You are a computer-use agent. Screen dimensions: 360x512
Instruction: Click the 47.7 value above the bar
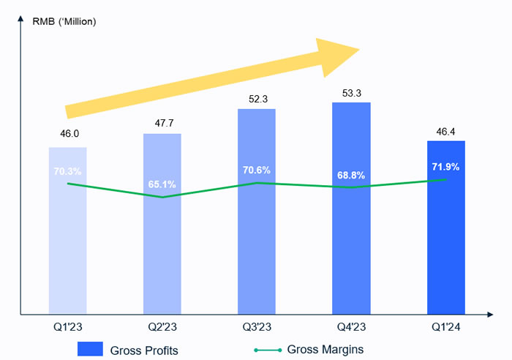pyautogui.click(x=162, y=121)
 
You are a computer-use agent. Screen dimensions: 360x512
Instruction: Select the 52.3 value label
pyautogui.click(x=257, y=97)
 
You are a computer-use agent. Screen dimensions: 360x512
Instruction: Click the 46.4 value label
pyautogui.click(x=446, y=129)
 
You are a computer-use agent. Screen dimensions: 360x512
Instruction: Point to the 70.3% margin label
pyautogui.click(x=68, y=171)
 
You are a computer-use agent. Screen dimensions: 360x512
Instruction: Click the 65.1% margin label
pyautogui.click(x=162, y=184)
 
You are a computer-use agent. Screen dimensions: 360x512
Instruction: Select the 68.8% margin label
pyautogui.click(x=351, y=176)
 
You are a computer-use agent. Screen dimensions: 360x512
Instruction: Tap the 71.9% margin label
pyautogui.click(x=445, y=167)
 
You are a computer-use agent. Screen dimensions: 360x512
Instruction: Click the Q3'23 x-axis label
pyautogui.click(x=257, y=326)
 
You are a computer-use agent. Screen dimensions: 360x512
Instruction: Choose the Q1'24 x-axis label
pyautogui.click(x=446, y=326)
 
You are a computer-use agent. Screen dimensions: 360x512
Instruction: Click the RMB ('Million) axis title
pyautogui.click(x=64, y=20)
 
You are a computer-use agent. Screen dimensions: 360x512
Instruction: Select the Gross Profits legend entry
pyautogui.click(x=129, y=350)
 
